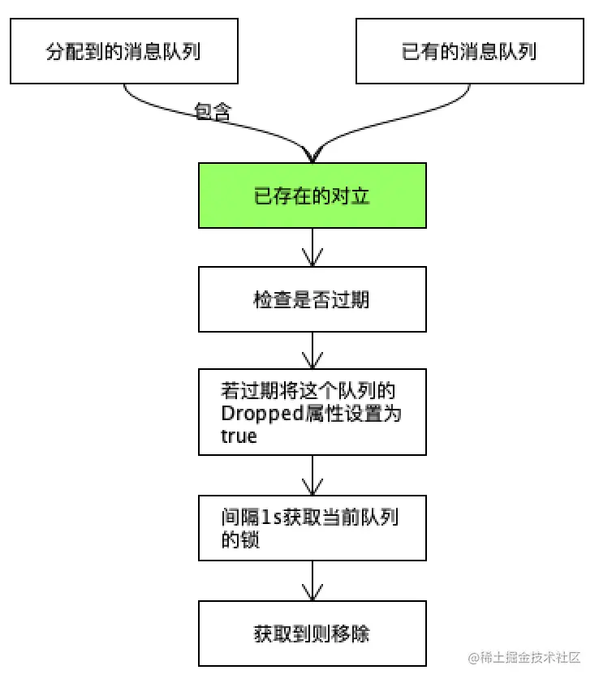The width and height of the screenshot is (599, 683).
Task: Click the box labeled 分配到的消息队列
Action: click(123, 52)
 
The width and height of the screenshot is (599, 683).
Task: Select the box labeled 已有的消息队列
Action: click(469, 52)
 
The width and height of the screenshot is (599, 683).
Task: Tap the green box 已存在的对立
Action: click(312, 195)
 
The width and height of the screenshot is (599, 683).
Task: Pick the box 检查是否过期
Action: click(312, 299)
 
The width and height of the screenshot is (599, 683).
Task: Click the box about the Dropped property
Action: click(312, 411)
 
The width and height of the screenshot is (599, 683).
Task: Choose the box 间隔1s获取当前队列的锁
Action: click(312, 527)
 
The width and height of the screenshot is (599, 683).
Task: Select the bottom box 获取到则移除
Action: click(312, 633)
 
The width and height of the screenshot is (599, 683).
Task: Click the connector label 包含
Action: click(213, 111)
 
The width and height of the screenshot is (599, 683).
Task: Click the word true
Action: click(238, 436)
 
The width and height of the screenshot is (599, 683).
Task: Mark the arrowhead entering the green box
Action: click(312, 156)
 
